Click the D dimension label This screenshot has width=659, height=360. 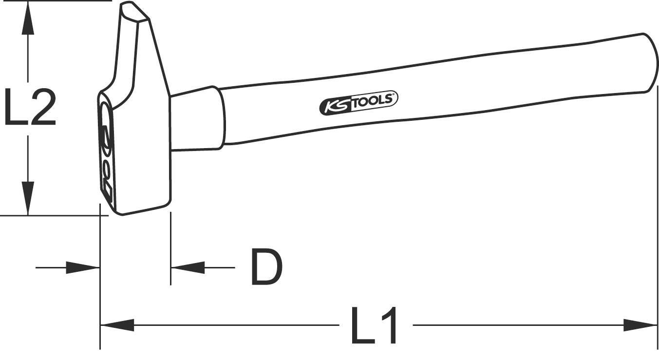coord(266,267)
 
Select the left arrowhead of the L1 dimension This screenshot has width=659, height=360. coord(117,325)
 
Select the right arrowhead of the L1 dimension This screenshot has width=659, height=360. coord(640,325)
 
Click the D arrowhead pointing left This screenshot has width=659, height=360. coord(188,267)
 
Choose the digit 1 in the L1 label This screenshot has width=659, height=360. coord(390,325)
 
